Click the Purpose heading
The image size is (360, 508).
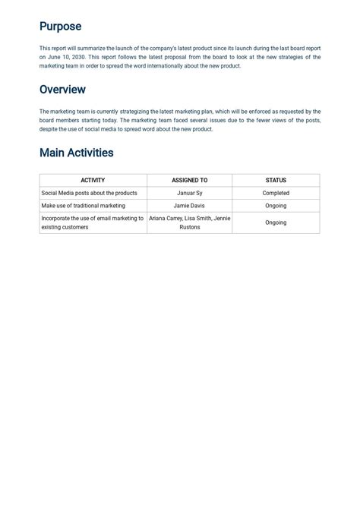click(x=60, y=27)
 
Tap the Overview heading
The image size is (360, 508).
click(x=62, y=90)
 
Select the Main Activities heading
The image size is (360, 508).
click(x=76, y=153)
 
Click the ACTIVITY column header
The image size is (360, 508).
click(x=93, y=181)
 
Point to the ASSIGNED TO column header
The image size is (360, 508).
click(x=189, y=181)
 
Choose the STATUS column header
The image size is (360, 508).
click(x=276, y=181)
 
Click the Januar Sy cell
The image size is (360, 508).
click(x=189, y=194)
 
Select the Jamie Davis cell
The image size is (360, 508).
click(x=189, y=206)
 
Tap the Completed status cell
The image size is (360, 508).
click(x=276, y=194)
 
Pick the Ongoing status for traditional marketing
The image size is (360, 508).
click(x=276, y=206)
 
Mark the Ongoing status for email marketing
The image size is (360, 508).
click(x=276, y=223)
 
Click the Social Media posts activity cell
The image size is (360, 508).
click(x=89, y=194)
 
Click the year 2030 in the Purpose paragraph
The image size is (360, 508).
click(x=75, y=57)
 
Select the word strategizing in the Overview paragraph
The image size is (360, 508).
click(x=137, y=112)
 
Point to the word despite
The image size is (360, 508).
click(x=49, y=129)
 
